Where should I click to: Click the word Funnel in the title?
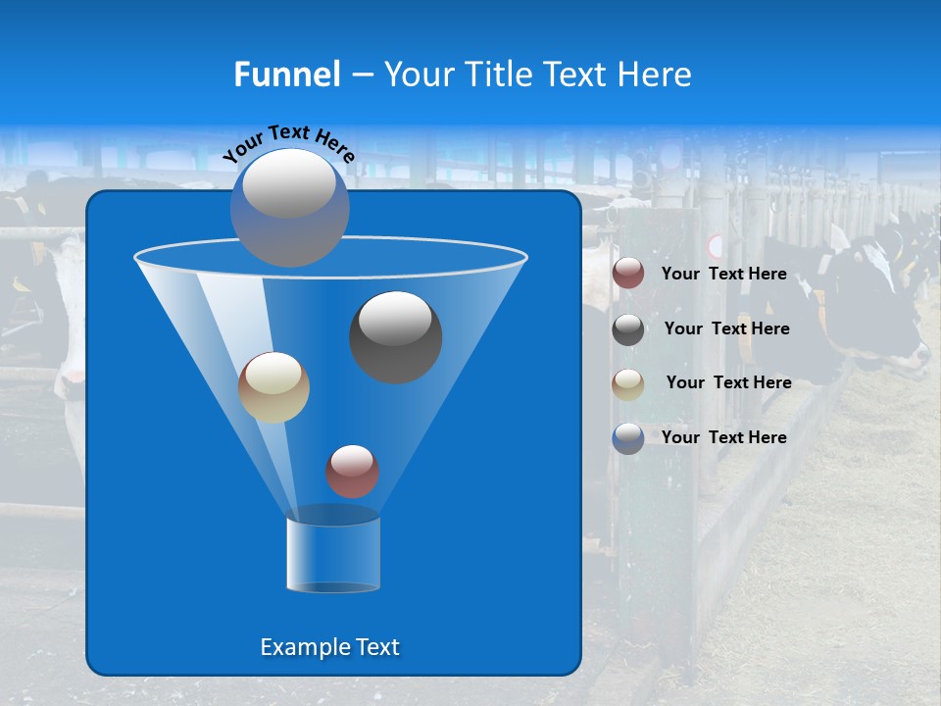(286, 75)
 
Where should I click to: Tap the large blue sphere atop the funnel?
(289, 207)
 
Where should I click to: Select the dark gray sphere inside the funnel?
(395, 336)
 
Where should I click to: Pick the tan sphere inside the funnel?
(273, 387)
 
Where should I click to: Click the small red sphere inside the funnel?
(352, 471)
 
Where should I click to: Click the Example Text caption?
(329, 647)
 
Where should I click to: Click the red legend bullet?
(628, 274)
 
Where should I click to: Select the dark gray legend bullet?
(628, 329)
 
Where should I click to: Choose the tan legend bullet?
(628, 384)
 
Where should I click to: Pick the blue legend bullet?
(628, 438)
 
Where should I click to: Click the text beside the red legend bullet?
(723, 274)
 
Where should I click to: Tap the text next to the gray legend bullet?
(726, 328)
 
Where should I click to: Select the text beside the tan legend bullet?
(728, 382)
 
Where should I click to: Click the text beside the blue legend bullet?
(723, 437)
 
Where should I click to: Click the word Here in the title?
(657, 75)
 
